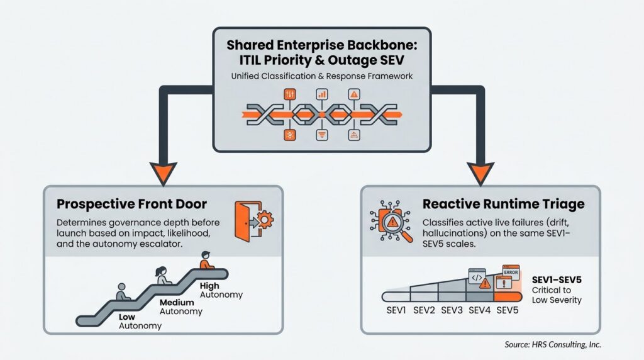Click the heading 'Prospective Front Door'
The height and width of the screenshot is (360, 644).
click(x=131, y=205)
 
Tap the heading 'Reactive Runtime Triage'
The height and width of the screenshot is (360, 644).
click(x=504, y=205)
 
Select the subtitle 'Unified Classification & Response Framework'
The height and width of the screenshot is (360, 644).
click(x=321, y=76)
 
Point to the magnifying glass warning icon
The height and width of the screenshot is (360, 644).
click(x=391, y=222)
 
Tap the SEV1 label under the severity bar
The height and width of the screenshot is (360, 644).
click(x=396, y=310)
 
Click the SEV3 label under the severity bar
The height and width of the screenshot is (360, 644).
click(x=452, y=310)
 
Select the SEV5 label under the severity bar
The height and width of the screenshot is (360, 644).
click(x=508, y=310)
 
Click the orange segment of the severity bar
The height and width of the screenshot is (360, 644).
click(x=508, y=296)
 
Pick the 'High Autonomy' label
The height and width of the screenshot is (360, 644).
click(x=221, y=290)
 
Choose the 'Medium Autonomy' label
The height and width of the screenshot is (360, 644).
click(x=180, y=307)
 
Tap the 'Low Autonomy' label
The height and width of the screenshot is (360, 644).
click(x=140, y=322)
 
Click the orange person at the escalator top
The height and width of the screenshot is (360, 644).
click(x=206, y=261)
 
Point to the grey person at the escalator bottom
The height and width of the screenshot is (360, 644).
click(x=123, y=292)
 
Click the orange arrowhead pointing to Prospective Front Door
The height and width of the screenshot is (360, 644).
click(x=163, y=174)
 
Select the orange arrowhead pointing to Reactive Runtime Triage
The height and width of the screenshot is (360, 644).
click(x=480, y=174)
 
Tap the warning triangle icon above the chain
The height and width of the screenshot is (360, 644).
click(x=354, y=94)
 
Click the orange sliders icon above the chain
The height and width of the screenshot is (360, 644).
click(x=290, y=94)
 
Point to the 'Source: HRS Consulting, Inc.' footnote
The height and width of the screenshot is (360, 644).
click(x=553, y=344)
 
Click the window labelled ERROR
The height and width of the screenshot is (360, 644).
click(x=511, y=271)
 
